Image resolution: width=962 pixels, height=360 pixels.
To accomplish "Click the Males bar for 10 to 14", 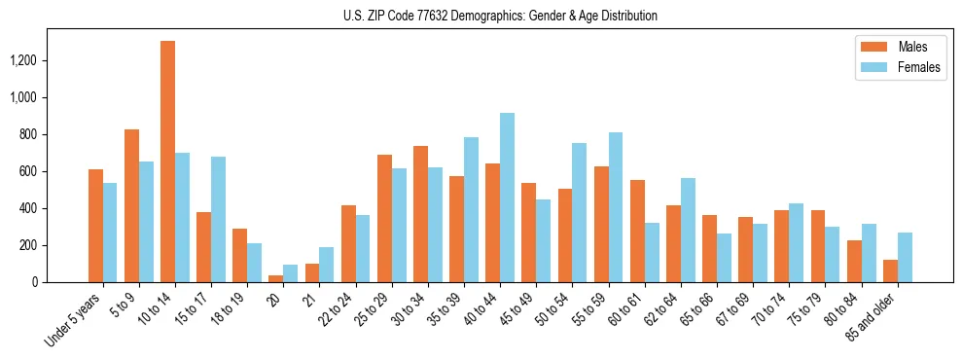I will tap(167, 162).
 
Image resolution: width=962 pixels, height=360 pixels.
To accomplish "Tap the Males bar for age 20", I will tap(275, 278).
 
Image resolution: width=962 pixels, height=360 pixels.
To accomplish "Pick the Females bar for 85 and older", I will tap(905, 258).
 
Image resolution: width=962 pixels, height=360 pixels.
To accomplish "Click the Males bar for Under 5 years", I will tap(95, 226).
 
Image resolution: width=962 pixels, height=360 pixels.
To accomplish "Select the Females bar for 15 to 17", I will tap(218, 219).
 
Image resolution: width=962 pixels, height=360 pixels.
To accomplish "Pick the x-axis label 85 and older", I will tap(873, 316).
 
